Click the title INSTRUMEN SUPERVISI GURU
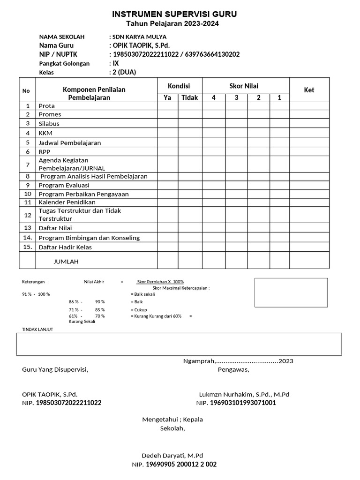tap(174, 15)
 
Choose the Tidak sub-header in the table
tap(190, 97)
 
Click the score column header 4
tap(214, 97)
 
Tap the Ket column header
tap(309, 90)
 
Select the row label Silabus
tap(49, 124)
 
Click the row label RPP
tap(45, 152)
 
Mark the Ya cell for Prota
tap(167, 106)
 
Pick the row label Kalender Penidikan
tap(67, 202)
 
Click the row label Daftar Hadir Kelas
tap(65, 247)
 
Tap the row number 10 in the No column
tap(28, 194)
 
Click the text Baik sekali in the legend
tap(144, 294)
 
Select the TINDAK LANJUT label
tap(37, 330)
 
